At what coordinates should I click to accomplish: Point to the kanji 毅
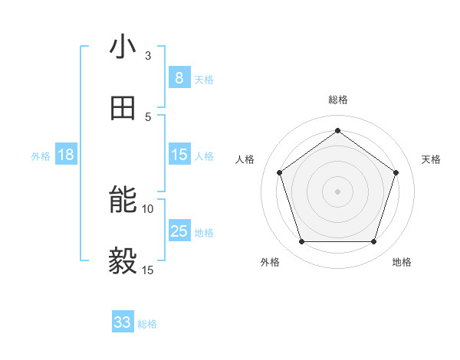[x=123, y=261]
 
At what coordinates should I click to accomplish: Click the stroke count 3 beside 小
[x=148, y=55]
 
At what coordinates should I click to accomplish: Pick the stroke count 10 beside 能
[x=148, y=208]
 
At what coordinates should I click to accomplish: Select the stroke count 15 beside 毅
[x=148, y=270]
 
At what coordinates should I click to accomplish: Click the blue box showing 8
[x=179, y=77]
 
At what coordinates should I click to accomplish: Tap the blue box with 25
[x=179, y=231]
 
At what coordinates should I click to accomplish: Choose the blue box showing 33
[x=123, y=322]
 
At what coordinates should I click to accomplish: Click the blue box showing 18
[x=66, y=155]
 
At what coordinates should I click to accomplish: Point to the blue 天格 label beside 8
[x=204, y=79]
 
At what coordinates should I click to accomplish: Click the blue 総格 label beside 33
[x=147, y=324]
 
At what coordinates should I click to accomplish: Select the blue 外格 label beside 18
[x=41, y=156]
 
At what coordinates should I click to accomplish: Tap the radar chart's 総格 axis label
[x=337, y=100]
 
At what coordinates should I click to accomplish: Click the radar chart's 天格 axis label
[x=431, y=159]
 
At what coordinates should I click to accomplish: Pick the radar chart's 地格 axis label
[x=402, y=262]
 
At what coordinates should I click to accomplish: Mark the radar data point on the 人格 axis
[x=279, y=172]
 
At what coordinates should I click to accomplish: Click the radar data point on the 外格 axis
[x=301, y=242]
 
